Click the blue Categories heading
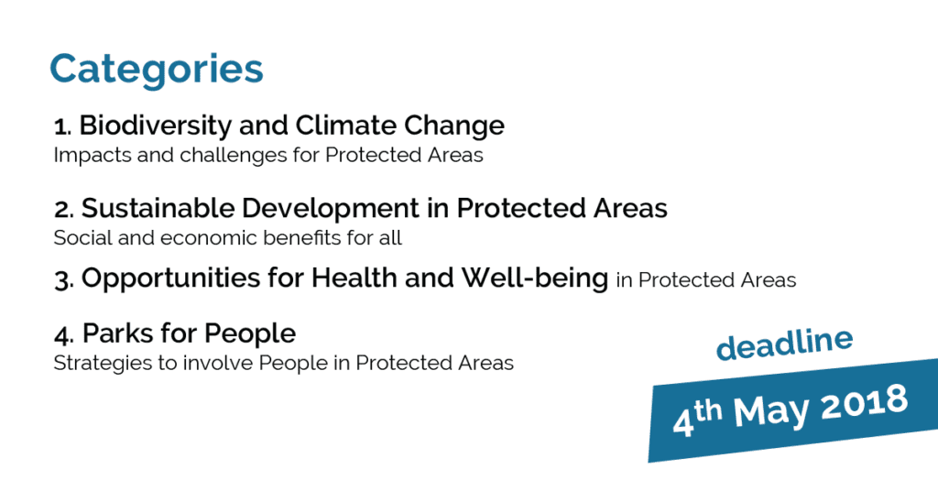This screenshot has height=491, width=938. (156, 70)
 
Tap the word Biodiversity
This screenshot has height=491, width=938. (156, 126)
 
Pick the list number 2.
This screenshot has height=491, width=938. (63, 210)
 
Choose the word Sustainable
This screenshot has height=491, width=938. (158, 208)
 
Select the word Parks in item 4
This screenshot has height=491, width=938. (116, 333)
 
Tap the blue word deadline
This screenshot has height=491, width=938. (784, 344)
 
